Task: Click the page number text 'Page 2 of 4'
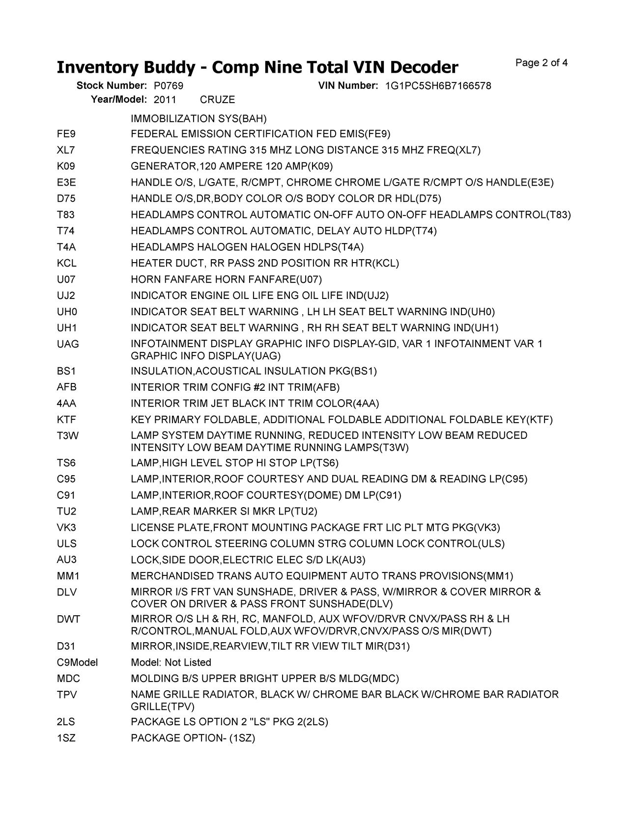(x=542, y=63)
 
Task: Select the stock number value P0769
(x=169, y=86)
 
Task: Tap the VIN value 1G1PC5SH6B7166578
(x=438, y=86)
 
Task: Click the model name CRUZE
(x=218, y=100)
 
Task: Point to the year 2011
(x=165, y=100)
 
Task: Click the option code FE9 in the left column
(x=66, y=134)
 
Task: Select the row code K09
(x=66, y=166)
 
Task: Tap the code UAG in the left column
(x=68, y=344)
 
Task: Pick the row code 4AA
(x=66, y=404)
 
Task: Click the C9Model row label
(x=77, y=662)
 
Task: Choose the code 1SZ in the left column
(x=66, y=738)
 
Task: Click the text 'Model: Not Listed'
(x=171, y=662)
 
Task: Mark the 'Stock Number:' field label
(x=112, y=86)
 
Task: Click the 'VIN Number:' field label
(x=348, y=86)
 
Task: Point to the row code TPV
(x=67, y=695)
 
